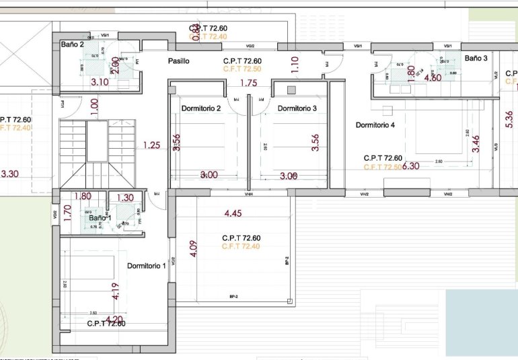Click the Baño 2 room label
72,44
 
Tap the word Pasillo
178,61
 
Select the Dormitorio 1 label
146,266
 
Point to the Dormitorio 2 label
200,108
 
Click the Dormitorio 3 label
297,108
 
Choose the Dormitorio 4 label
375,125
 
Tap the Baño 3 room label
476,59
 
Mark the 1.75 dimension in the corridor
248,83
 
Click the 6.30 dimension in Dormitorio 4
411,166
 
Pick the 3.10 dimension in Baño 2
100,82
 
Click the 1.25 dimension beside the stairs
152,145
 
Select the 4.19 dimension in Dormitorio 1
114,291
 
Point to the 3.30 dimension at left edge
10,174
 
